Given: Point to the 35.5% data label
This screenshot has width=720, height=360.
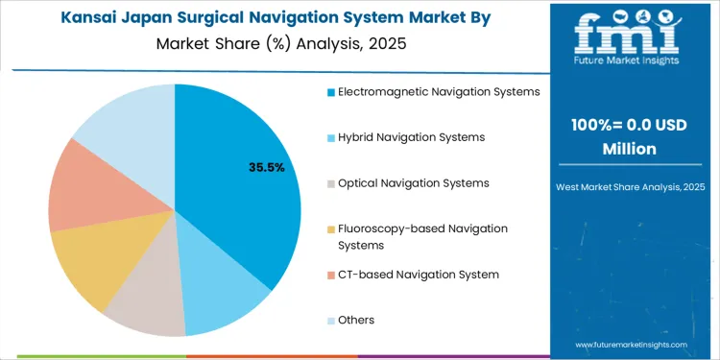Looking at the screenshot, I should pyautogui.click(x=266, y=167).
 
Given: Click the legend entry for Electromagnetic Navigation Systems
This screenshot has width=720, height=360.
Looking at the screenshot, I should pyautogui.click(x=438, y=92).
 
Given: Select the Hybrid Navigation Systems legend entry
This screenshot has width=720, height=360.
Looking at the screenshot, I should pyautogui.click(x=411, y=137).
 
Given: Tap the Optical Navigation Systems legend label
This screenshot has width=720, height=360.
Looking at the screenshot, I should pyautogui.click(x=413, y=182).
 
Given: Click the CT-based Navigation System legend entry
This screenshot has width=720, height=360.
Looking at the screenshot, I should pyautogui.click(x=418, y=275).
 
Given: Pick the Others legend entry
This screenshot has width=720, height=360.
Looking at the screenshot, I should pyautogui.click(x=355, y=320).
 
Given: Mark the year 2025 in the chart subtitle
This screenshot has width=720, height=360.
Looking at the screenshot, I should pyautogui.click(x=388, y=42).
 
